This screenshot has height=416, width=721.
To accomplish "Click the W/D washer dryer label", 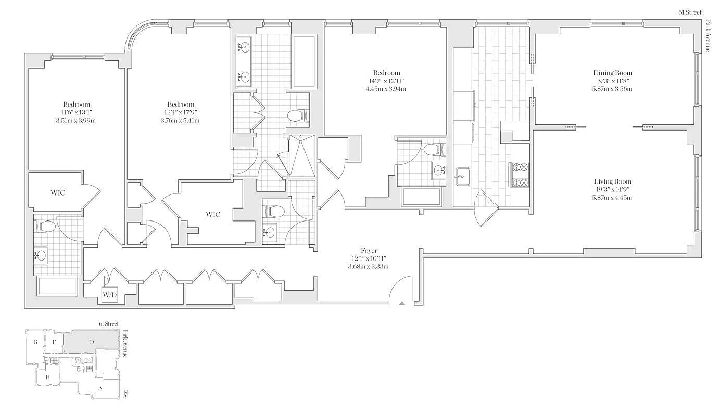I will pyautogui.click(x=109, y=295).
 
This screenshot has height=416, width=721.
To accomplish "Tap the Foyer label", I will pyautogui.click(x=369, y=251).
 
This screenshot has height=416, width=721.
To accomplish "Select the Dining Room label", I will pyautogui.click(x=613, y=73).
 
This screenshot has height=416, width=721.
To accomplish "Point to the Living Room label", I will pyautogui.click(x=613, y=181).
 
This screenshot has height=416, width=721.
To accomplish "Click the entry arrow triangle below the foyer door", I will pyautogui.click(x=401, y=303).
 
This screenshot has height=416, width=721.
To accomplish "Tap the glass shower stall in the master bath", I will pyautogui.click(x=302, y=156).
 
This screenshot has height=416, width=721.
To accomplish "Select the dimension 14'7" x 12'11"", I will pyautogui.click(x=386, y=81).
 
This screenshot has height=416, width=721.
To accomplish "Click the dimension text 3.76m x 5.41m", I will pyautogui.click(x=180, y=121).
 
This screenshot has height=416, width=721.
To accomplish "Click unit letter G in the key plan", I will pyautogui.click(x=35, y=342).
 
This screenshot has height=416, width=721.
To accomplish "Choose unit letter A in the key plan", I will pyautogui.click(x=100, y=387).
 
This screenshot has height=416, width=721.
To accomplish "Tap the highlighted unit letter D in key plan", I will pyautogui.click(x=92, y=342).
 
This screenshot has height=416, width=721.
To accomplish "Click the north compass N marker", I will pyautogui.click(x=126, y=392).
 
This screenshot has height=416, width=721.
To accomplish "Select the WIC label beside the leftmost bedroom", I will pyautogui.click(x=58, y=193).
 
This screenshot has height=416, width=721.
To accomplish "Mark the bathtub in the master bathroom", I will pyautogui.click(x=304, y=61).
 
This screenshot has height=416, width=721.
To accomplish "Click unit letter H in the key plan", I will pyautogui.click(x=47, y=377).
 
